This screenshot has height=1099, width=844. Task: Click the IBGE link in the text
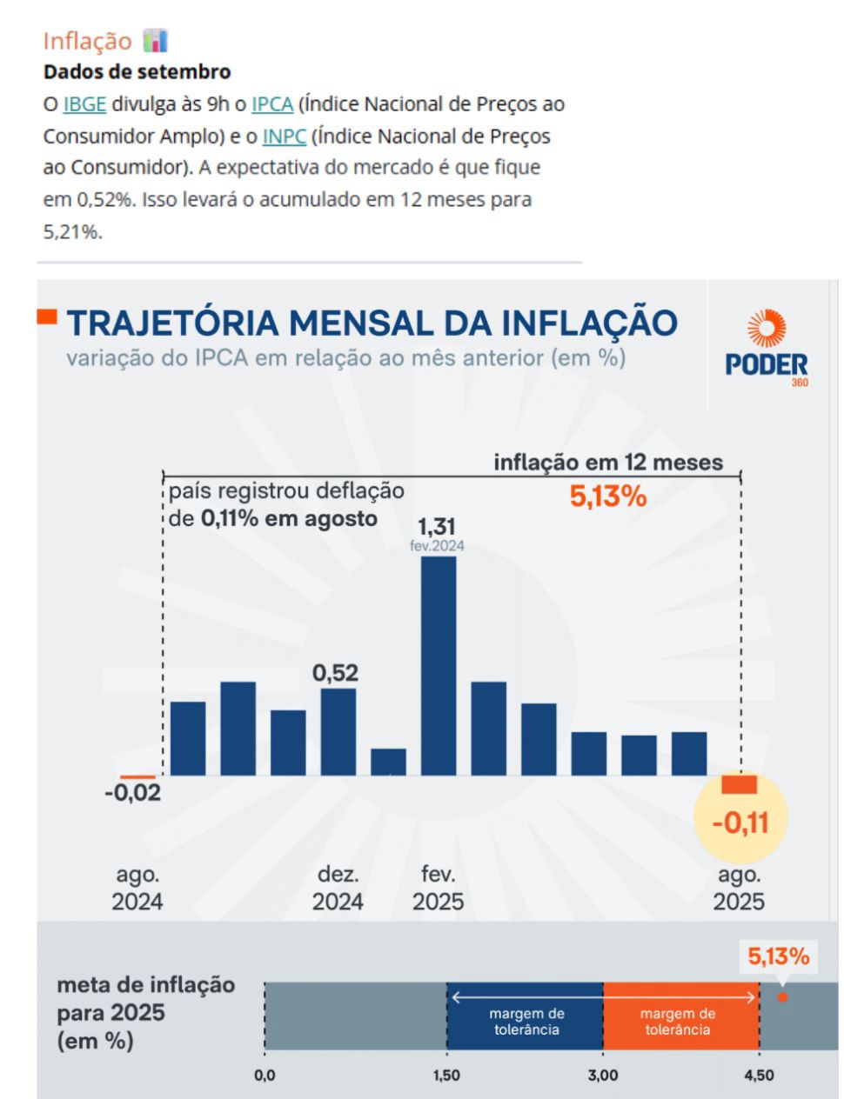point(84,104)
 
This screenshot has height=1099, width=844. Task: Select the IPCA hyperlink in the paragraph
point(272,104)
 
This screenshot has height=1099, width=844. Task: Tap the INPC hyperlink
point(284,137)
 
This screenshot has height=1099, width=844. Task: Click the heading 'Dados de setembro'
point(137,71)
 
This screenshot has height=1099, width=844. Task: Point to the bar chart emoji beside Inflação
point(155,40)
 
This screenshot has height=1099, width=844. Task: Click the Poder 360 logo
point(767,348)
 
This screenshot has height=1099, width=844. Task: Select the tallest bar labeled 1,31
point(439,665)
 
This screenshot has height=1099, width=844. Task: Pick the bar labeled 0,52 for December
point(338,731)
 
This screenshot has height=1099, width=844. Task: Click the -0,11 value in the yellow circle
point(740,822)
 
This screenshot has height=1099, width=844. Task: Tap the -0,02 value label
point(132,793)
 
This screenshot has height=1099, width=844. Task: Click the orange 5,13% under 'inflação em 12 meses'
point(608,496)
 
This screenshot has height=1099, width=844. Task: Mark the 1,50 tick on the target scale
point(446,1076)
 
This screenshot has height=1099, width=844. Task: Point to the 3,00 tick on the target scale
point(603,1076)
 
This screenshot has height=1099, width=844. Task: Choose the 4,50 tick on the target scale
point(759,1076)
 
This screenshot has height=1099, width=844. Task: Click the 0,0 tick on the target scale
point(265,1076)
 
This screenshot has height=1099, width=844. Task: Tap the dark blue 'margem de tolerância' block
point(525,1016)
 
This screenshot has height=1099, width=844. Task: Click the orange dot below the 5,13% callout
point(782,997)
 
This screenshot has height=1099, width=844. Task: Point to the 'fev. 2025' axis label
point(438,888)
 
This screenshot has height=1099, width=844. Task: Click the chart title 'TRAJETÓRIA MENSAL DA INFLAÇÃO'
point(372,323)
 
